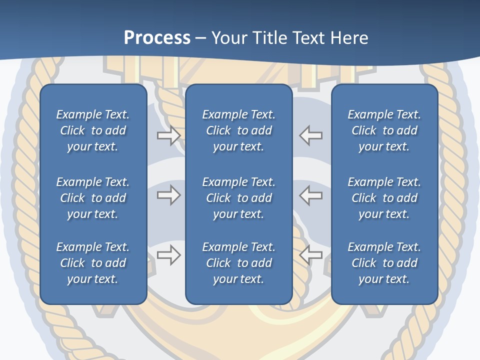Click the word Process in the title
click(x=157, y=38)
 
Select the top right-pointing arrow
click(x=168, y=135)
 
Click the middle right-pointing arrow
click(x=168, y=195)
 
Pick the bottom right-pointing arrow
click(x=168, y=255)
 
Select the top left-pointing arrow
click(x=311, y=135)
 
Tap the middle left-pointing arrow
click(x=311, y=195)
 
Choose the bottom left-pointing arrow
click(x=311, y=255)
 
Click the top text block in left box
click(x=93, y=130)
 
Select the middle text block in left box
click(x=93, y=198)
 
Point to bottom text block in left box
click(x=93, y=263)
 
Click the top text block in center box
click(x=239, y=130)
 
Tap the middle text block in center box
click(x=239, y=198)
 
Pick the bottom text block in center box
click(x=239, y=263)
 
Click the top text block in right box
click(x=384, y=130)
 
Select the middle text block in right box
click(x=384, y=198)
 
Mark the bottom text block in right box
click(x=384, y=263)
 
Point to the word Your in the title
click(x=227, y=38)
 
